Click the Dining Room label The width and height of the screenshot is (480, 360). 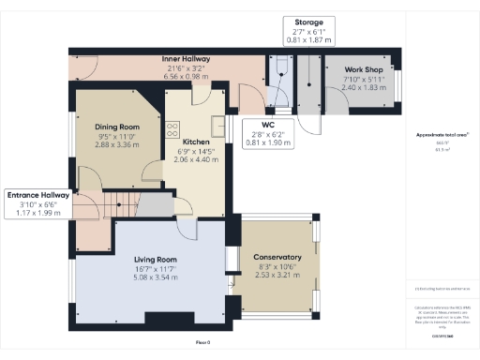coord(117,127)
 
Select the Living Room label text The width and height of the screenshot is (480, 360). coord(156,260)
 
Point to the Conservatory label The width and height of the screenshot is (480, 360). coord(277,258)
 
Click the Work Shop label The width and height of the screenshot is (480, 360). coord(361,70)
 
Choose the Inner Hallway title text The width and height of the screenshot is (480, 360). coord(186,59)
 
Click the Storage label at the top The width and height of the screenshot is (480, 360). coord(308,22)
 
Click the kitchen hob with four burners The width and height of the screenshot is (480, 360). coord(172,127)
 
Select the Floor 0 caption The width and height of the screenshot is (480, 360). coord(202,342)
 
